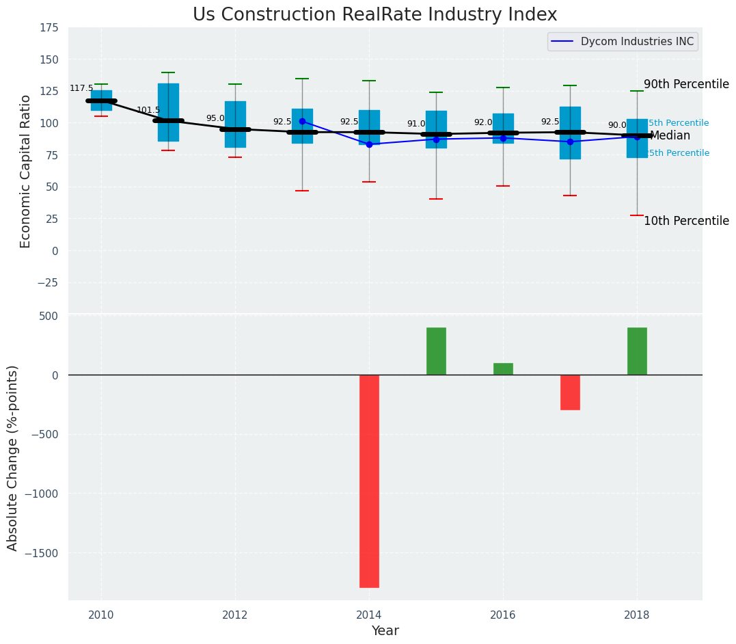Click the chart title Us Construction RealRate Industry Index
374,15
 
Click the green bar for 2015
436,351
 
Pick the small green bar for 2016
503,368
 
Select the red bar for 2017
570,392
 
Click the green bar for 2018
637,351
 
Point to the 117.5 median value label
81,89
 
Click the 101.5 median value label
148,110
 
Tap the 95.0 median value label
215,118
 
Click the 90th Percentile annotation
686,84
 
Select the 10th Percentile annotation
686,221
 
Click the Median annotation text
670,136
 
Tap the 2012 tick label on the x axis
235,613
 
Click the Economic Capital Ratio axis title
26,171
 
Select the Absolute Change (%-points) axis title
13,457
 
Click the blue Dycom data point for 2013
302,122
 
